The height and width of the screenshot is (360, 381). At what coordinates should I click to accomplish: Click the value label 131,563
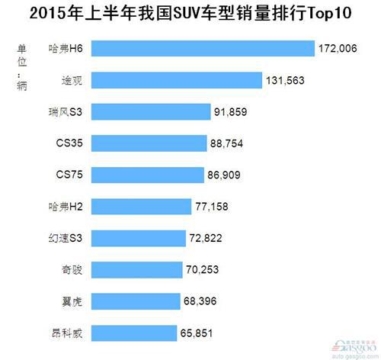point(287,80)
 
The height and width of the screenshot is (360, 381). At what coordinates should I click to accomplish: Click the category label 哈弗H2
point(66,207)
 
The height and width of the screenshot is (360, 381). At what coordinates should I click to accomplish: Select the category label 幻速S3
point(66,239)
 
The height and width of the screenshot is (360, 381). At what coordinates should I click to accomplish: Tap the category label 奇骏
point(73,270)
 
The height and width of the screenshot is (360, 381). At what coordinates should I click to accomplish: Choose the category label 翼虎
point(73,301)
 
